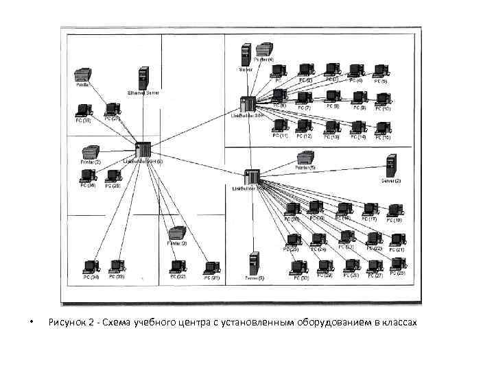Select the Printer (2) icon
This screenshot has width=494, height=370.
click(x=91, y=152)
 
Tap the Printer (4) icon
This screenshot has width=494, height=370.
click(x=264, y=49)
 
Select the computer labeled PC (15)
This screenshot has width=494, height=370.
click(x=382, y=127)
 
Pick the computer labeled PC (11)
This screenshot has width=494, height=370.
click(x=280, y=126)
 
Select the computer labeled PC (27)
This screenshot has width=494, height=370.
click(x=374, y=266)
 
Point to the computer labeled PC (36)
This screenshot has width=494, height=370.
click(x=87, y=175)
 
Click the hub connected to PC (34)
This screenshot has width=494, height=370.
click(x=143, y=150)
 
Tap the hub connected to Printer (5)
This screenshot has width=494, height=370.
click(x=251, y=177)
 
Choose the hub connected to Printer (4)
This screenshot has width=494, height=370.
click(x=248, y=104)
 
